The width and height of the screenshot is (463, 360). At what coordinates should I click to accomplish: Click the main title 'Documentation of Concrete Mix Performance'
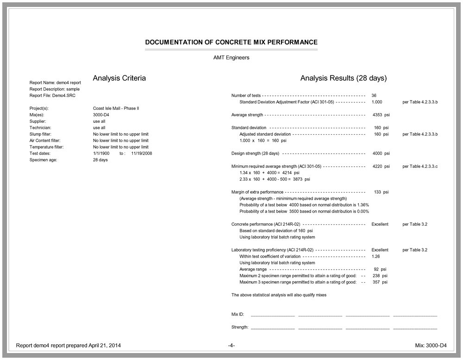click(x=231, y=42)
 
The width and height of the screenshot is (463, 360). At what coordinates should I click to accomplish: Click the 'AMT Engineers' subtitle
click(x=231, y=58)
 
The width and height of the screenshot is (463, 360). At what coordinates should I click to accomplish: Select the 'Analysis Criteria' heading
click(x=119, y=78)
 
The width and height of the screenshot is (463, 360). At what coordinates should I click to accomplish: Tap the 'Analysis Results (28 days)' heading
click(x=343, y=78)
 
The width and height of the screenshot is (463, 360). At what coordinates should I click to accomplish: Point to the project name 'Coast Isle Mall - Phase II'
click(x=116, y=108)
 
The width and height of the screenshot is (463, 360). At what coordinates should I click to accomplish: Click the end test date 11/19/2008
click(x=142, y=153)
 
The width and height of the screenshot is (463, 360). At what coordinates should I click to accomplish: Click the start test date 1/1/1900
click(x=101, y=153)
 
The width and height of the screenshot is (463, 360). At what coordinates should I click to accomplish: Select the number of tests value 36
click(x=374, y=95)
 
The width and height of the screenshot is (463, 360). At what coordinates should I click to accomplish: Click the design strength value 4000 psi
click(x=381, y=153)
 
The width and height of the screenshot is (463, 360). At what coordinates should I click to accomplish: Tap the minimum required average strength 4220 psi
click(x=381, y=166)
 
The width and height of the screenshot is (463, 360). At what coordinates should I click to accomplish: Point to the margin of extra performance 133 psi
click(x=381, y=192)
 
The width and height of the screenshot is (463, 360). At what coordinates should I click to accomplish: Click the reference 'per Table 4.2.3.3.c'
click(x=420, y=166)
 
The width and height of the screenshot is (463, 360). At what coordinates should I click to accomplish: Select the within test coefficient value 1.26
click(x=375, y=256)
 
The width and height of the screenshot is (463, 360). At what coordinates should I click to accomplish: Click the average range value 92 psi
click(x=380, y=269)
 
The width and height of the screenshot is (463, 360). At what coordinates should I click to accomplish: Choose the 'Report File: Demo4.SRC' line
click(x=52, y=95)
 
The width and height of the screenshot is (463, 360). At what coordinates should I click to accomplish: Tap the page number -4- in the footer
click(x=231, y=346)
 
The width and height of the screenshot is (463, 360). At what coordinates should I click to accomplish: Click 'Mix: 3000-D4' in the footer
click(x=431, y=346)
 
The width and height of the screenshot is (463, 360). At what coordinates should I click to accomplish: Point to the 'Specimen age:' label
click(x=44, y=160)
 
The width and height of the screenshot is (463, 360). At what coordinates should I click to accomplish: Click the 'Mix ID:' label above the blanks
click(x=238, y=315)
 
